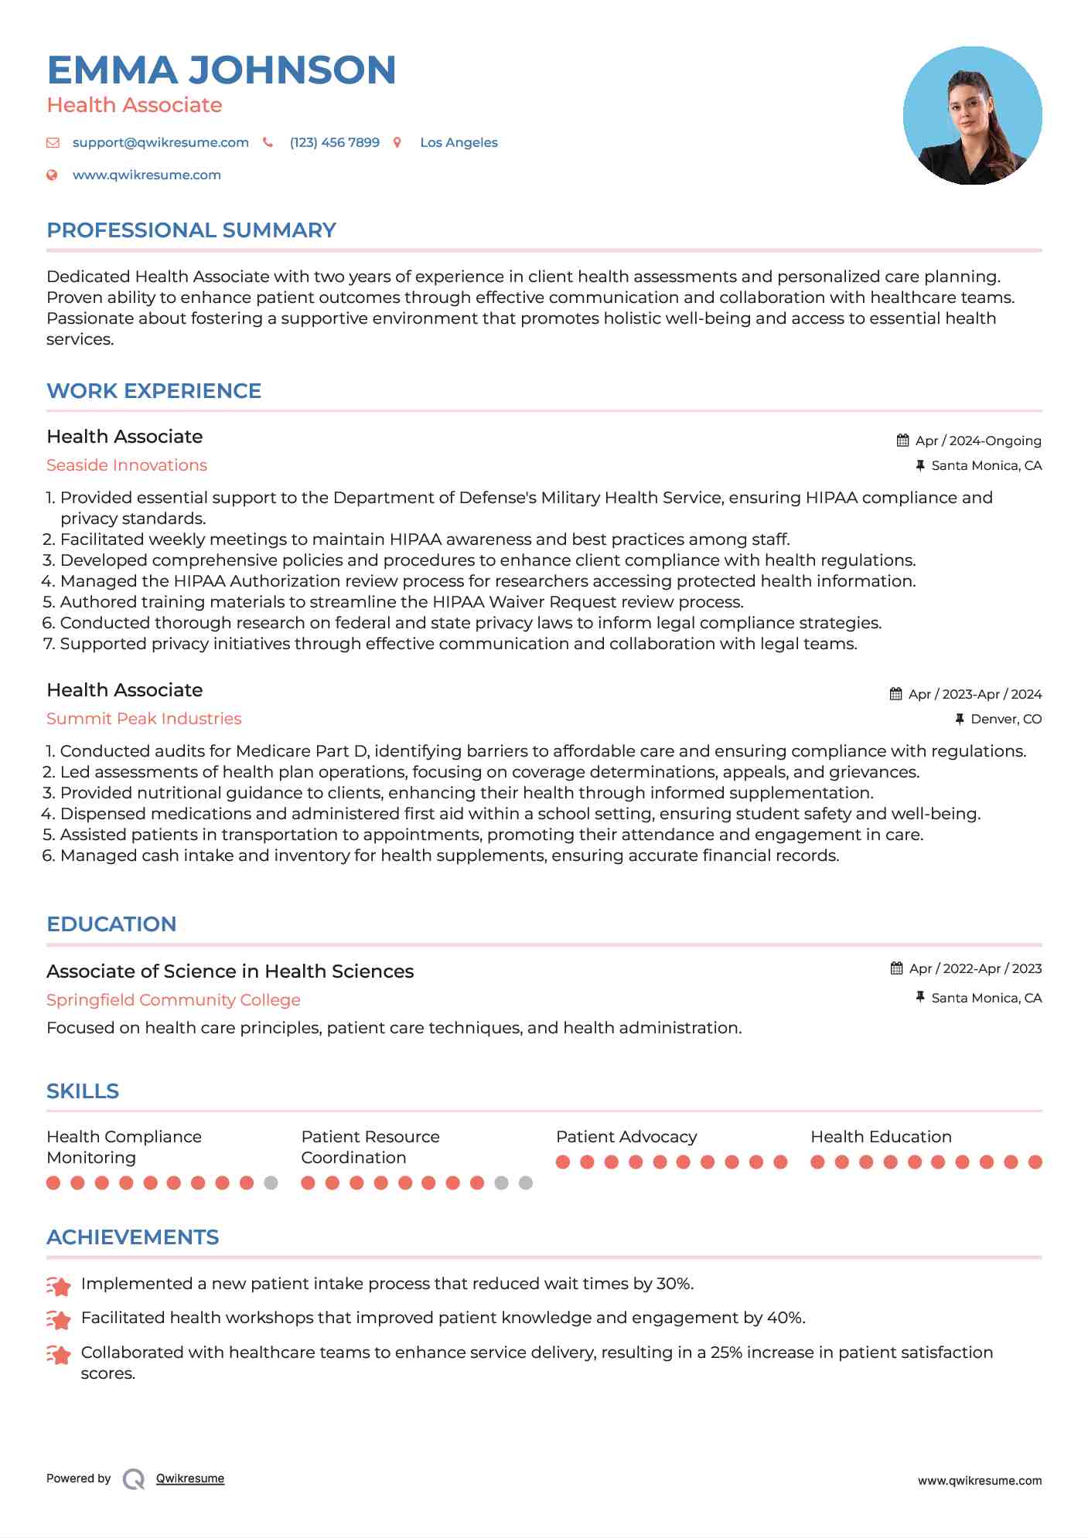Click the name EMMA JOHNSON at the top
click(221, 70)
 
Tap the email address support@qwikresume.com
click(160, 142)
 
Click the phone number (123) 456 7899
click(334, 142)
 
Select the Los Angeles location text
click(459, 142)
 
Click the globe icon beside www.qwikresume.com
click(52, 175)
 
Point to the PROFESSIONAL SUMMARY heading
click(191, 230)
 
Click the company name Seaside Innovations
click(127, 465)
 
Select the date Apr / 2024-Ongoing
click(977, 441)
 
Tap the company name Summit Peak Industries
click(144, 719)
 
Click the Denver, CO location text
click(1005, 719)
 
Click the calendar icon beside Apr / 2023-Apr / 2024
click(895, 694)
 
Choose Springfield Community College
click(173, 1000)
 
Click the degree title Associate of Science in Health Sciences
click(230, 971)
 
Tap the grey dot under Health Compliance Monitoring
click(271, 1182)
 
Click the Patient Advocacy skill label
click(626, 1137)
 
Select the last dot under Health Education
click(1035, 1162)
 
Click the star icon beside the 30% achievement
click(59, 1285)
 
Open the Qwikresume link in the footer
click(190, 1478)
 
